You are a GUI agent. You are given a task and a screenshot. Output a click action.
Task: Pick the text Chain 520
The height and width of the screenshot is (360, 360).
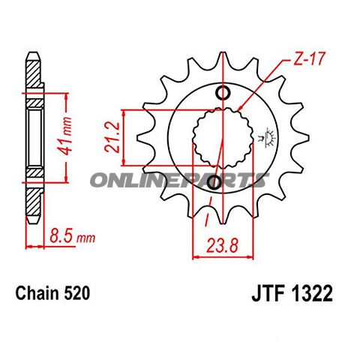[52, 295]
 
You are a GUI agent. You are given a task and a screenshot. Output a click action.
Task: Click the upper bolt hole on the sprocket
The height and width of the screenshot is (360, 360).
[223, 93]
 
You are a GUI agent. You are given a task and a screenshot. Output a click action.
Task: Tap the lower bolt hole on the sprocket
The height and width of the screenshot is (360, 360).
[214, 182]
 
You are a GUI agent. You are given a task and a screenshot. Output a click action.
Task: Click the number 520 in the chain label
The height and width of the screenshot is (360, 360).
[78, 295]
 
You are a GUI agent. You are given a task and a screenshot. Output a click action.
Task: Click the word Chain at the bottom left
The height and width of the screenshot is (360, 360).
[37, 295]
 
